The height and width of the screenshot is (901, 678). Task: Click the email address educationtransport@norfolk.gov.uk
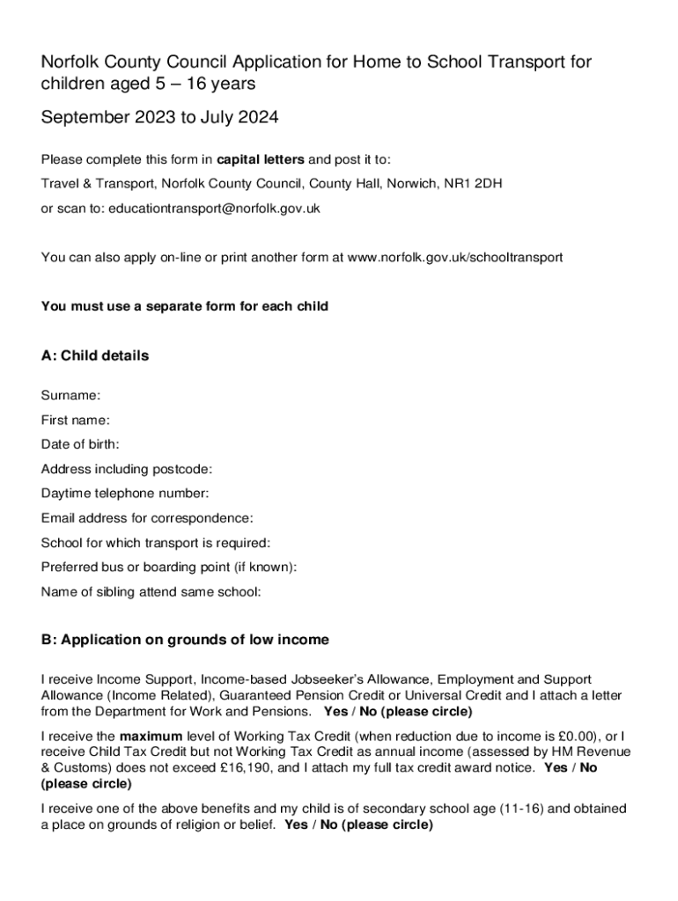tap(214, 209)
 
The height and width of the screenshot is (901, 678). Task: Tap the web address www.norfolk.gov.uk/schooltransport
tap(455, 258)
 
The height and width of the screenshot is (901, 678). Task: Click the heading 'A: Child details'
tap(95, 356)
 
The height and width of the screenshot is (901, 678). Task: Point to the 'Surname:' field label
tap(70, 396)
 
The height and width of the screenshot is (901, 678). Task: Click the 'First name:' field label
tap(76, 421)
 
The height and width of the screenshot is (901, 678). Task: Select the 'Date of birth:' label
tap(80, 444)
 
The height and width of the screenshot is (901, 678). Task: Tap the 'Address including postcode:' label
tap(127, 469)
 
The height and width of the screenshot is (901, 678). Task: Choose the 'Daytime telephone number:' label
tap(125, 494)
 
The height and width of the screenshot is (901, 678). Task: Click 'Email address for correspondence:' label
tap(147, 518)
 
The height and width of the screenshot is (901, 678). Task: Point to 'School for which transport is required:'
tap(156, 543)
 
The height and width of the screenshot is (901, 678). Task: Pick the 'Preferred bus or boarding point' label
tap(169, 568)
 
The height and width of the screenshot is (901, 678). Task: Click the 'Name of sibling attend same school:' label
tap(151, 592)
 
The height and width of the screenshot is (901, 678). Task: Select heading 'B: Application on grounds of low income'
tap(185, 641)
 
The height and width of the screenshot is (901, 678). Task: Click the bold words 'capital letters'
tap(261, 159)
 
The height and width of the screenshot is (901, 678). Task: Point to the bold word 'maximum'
tap(151, 736)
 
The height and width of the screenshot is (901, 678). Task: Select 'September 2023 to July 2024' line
tap(160, 117)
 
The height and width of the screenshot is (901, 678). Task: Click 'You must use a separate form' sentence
tap(185, 307)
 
